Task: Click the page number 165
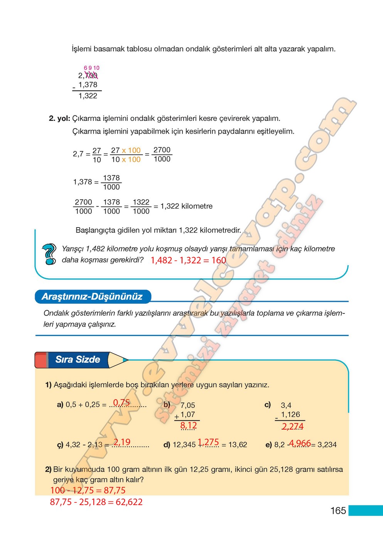pyautogui.click(x=338, y=511)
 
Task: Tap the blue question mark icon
pyautogui.click(x=49, y=254)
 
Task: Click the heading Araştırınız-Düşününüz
pyautogui.click(x=92, y=296)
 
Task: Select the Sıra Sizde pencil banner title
pyautogui.click(x=78, y=360)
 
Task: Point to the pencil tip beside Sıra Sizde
pyautogui.click(x=123, y=360)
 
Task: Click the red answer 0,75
pyautogui.click(x=121, y=402)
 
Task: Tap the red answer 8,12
pyautogui.click(x=189, y=425)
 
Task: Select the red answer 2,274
pyautogui.click(x=292, y=426)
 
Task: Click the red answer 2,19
pyautogui.click(x=122, y=442)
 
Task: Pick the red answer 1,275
pyautogui.click(x=208, y=442)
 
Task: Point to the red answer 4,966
pyautogui.click(x=300, y=443)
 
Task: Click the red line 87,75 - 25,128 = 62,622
pyautogui.click(x=96, y=502)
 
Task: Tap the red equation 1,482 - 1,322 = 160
pyautogui.click(x=188, y=260)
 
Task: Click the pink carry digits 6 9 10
pyautogui.click(x=91, y=68)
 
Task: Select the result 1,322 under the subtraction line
pyautogui.click(x=88, y=96)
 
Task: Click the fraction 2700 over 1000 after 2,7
pyautogui.click(x=162, y=154)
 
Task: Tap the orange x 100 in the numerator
pyautogui.click(x=131, y=150)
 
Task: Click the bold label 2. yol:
pyautogui.click(x=59, y=118)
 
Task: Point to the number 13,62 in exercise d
pyautogui.click(x=238, y=445)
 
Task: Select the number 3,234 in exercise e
pyautogui.click(x=327, y=445)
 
